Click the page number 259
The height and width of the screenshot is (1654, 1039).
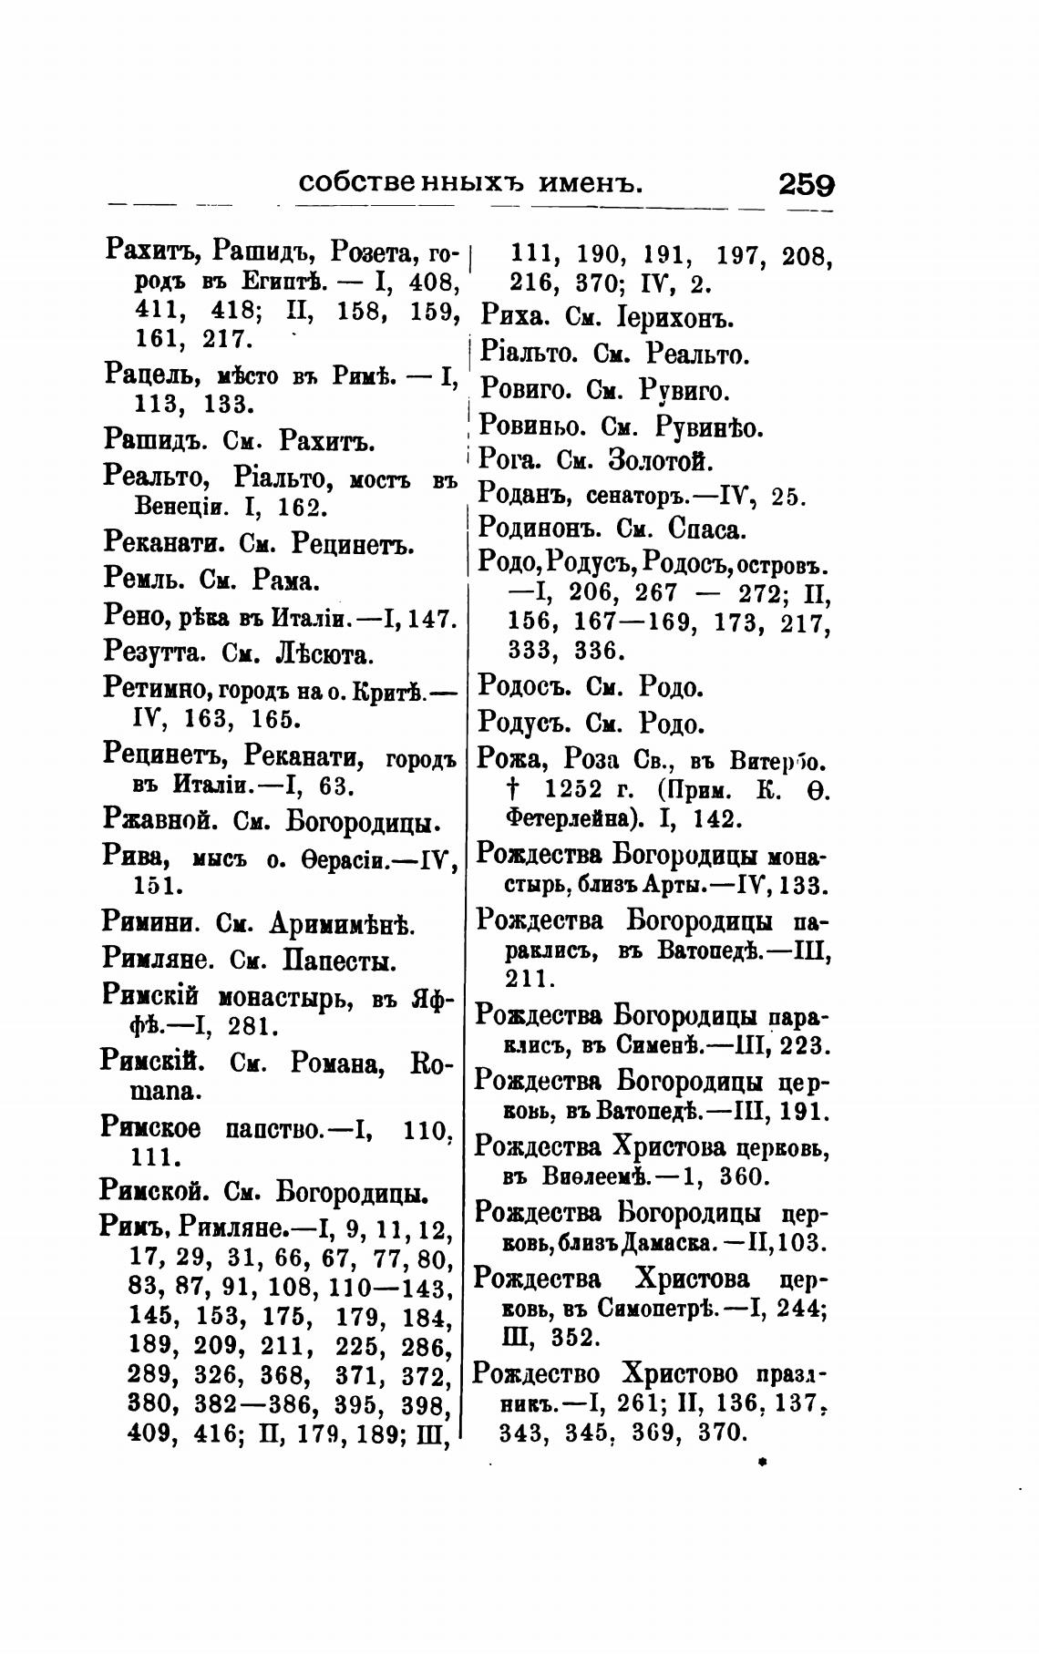click(806, 185)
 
